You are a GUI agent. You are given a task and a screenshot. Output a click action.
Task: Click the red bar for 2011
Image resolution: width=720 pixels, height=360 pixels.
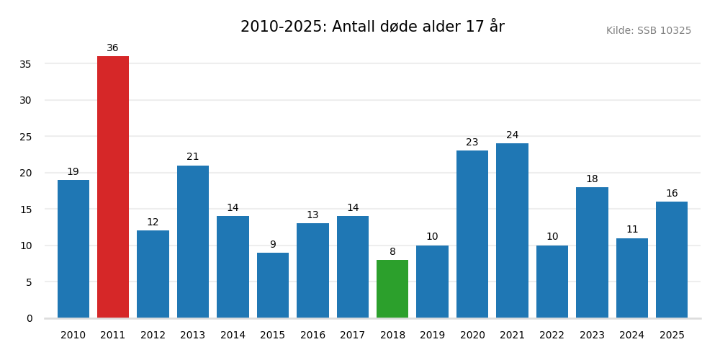(x=113, y=187)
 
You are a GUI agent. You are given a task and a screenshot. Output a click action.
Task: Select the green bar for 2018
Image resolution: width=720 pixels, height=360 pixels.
(x=392, y=289)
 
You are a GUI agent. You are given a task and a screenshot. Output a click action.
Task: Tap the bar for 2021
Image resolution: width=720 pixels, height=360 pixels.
(x=512, y=230)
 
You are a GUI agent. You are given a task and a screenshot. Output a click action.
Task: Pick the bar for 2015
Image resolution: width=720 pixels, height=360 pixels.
(x=273, y=285)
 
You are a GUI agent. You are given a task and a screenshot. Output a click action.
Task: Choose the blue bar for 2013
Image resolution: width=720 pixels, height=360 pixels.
(x=193, y=241)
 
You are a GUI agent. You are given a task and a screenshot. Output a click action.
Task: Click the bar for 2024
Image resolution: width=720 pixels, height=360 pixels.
(x=632, y=278)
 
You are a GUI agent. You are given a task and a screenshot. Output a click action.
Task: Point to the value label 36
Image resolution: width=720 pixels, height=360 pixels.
(x=113, y=48)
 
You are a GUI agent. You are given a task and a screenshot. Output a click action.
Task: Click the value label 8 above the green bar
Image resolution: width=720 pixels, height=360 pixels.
(x=392, y=252)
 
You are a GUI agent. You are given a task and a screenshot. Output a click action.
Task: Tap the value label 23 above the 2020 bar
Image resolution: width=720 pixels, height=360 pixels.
(x=472, y=143)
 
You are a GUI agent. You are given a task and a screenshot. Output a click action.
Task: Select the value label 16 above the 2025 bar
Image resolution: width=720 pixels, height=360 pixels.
(x=672, y=194)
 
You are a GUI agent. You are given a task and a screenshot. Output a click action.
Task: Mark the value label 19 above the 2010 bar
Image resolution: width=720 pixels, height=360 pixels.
(x=73, y=172)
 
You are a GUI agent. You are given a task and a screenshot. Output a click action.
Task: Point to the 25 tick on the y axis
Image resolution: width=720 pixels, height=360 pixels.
(x=25, y=137)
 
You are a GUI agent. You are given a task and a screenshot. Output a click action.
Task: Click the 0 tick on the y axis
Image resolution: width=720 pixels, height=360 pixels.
(x=29, y=318)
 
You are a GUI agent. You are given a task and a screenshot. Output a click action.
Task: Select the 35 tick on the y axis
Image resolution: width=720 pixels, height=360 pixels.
(x=25, y=64)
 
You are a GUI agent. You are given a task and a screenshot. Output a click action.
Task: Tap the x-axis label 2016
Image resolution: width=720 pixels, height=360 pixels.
(x=312, y=336)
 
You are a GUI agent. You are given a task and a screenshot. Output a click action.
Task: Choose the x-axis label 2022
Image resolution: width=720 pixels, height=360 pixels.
(x=552, y=336)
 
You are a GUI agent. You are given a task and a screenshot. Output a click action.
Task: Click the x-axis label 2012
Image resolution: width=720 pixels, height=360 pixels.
(x=153, y=336)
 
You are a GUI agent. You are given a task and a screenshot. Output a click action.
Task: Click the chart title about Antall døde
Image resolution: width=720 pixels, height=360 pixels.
(x=372, y=27)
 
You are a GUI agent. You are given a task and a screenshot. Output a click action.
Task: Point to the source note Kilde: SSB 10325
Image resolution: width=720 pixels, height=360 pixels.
(x=648, y=31)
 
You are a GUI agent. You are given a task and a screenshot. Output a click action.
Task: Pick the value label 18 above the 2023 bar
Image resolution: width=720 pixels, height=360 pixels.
(x=592, y=179)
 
